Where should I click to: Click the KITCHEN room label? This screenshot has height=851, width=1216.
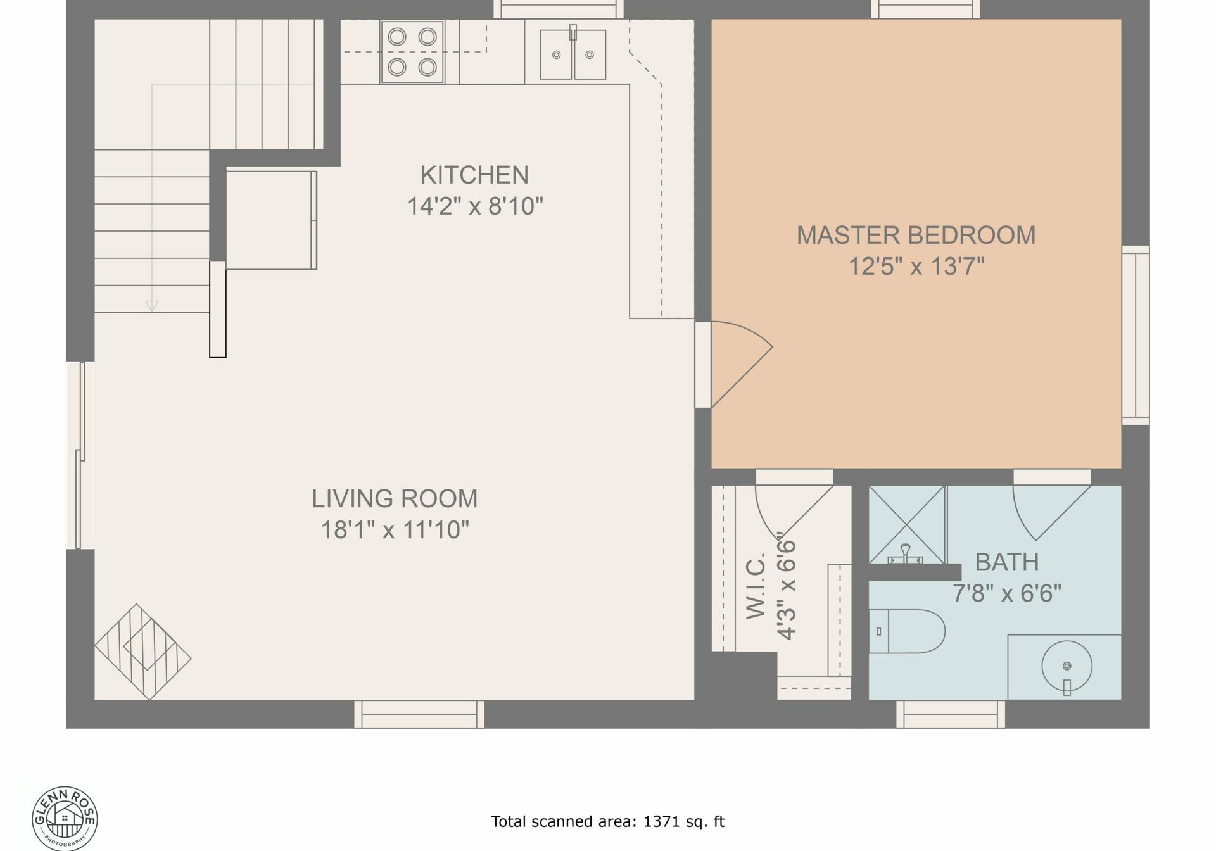tap(474, 175)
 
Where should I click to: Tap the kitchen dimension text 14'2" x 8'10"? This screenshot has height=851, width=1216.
tap(475, 206)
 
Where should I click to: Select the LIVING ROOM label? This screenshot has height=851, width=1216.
tap(395, 499)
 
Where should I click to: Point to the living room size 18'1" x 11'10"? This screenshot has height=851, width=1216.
tap(395, 529)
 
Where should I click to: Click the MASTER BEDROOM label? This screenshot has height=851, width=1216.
tap(916, 236)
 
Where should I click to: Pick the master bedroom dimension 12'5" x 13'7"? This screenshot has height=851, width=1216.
tap(916, 267)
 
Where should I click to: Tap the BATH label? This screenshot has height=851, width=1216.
tap(1006, 562)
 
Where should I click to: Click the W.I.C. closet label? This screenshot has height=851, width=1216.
tap(756, 586)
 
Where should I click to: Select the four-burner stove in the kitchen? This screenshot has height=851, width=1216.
tap(412, 51)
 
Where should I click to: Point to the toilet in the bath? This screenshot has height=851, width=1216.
tap(907, 631)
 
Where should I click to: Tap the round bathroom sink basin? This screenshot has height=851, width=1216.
tap(1067, 666)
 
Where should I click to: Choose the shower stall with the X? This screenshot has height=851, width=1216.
tap(907, 525)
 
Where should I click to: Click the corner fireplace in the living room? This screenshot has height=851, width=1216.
tap(143, 652)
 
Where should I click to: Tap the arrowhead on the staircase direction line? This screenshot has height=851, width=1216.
tap(152, 306)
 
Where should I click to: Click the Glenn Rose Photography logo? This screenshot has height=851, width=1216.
tap(65, 818)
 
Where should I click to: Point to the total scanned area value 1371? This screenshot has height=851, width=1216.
tap(659, 822)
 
